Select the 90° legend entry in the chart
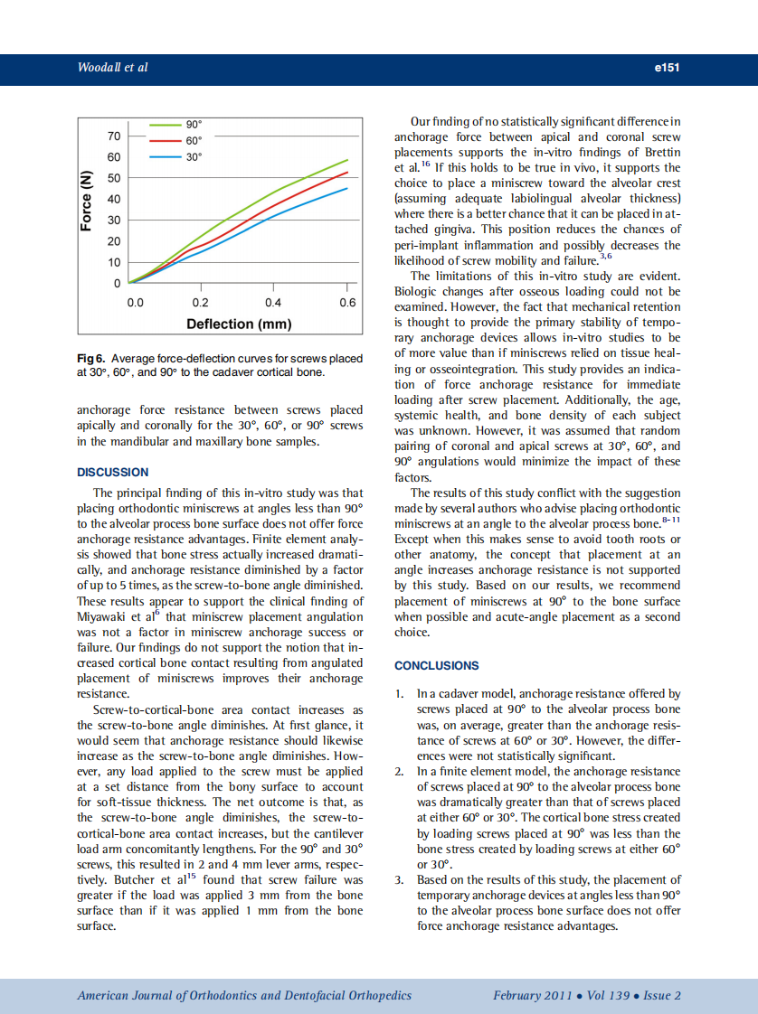[x=194, y=124]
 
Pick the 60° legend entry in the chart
[x=194, y=140]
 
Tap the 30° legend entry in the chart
[x=194, y=157]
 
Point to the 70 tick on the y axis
[x=114, y=136]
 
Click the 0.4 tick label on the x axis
[x=273, y=303]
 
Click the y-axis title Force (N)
[x=87, y=201]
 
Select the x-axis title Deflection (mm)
[x=239, y=324]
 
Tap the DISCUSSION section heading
[x=113, y=472]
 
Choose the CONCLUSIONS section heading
[x=437, y=665]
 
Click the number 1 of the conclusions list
[x=398, y=694]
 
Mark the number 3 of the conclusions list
[x=398, y=879]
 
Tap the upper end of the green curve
[x=347, y=160]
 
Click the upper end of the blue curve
[x=347, y=188]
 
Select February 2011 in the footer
[x=532, y=995]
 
